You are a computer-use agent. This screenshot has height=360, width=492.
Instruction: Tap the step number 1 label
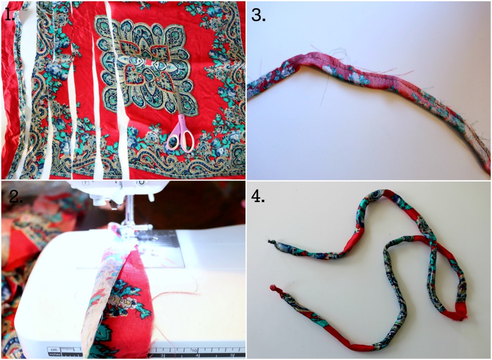[8, 14]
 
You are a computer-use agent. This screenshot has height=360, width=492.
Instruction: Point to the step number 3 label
[258, 14]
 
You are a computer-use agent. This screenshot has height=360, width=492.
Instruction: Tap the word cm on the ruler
[54, 349]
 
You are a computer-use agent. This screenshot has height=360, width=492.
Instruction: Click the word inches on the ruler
[54, 354]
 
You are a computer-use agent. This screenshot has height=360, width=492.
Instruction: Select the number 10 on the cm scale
[194, 350]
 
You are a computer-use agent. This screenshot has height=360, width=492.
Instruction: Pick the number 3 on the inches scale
[162, 355]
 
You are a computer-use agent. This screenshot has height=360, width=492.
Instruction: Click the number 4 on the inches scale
[197, 355]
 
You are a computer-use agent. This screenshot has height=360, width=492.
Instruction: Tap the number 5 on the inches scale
[232, 355]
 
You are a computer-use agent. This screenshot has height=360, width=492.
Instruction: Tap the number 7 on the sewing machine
[85, 182]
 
